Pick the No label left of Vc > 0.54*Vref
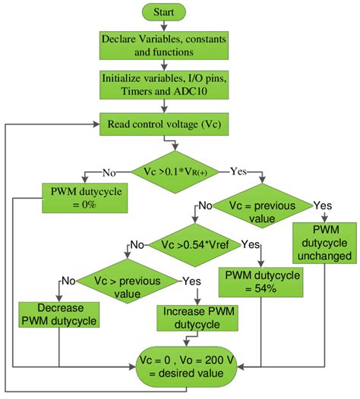pos(136,243)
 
